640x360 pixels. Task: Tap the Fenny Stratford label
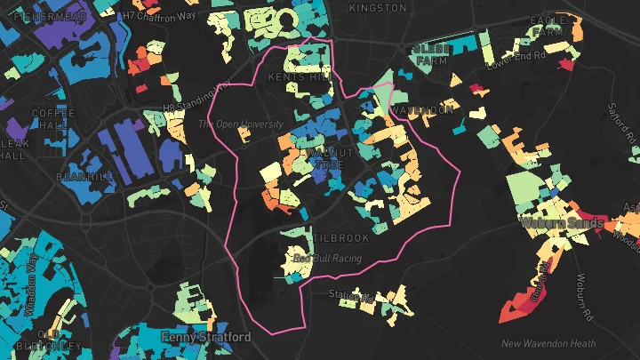coord(206,338)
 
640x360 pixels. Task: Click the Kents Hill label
coord(309,77)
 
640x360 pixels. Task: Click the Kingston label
coord(378,7)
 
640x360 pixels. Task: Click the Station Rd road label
coord(348,294)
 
